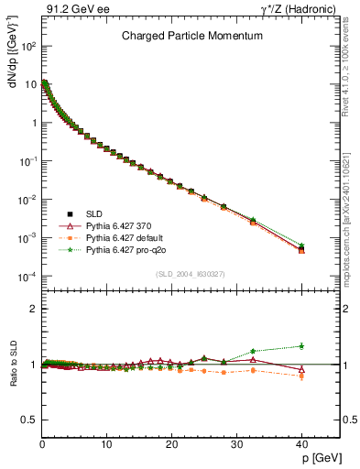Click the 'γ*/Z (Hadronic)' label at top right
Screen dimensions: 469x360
pos(306,9)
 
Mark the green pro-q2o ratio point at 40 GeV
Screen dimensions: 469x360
pos(301,345)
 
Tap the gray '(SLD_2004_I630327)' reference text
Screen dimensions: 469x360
pos(190,274)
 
